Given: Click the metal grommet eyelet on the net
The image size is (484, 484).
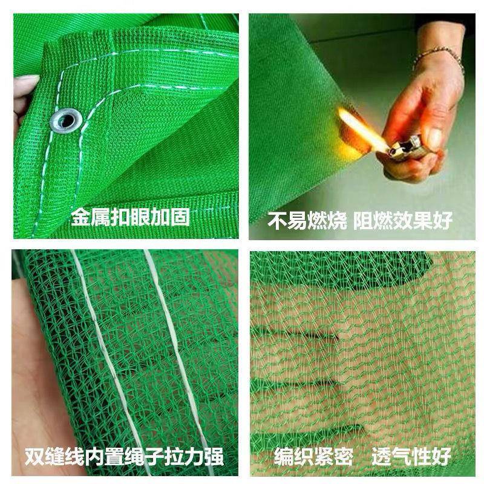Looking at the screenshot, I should [x=66, y=120].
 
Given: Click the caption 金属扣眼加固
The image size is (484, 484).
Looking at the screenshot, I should [x=130, y=217].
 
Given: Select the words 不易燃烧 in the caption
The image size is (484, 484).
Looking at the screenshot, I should [x=307, y=220].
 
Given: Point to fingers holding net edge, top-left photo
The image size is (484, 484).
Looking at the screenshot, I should [x=23, y=91].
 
